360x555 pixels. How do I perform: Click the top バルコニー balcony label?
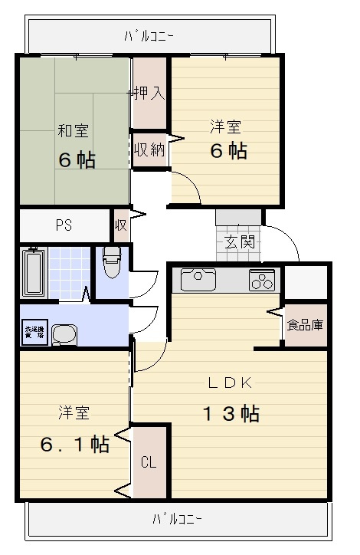(149, 35)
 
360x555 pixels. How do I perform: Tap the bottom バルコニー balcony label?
(177, 519)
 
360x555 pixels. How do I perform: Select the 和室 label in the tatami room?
(73, 130)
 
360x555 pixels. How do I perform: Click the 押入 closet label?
(148, 94)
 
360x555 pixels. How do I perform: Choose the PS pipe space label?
(64, 225)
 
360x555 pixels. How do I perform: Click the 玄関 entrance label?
(239, 243)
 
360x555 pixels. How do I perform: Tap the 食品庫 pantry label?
(305, 324)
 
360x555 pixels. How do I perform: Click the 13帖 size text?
(231, 414)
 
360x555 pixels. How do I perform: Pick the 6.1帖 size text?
(74, 444)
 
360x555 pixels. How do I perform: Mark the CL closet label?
(149, 462)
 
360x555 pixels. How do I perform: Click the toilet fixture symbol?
(112, 262)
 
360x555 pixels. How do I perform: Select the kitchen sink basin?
(198, 278)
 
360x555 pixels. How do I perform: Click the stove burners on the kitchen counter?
(262, 281)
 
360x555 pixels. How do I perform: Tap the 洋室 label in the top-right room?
(227, 125)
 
